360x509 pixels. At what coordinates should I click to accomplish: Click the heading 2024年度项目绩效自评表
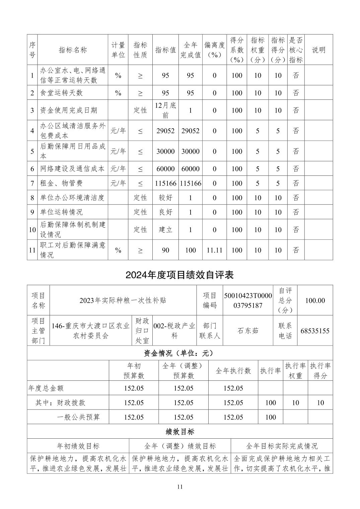click(179, 275)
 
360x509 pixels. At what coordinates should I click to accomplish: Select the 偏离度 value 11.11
click(214, 250)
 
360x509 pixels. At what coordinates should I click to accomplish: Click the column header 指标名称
click(73, 50)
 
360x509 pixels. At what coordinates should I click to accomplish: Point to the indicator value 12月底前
click(165, 110)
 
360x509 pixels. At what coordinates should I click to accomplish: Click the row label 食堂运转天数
click(61, 93)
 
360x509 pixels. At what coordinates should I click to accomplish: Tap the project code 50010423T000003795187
click(248, 300)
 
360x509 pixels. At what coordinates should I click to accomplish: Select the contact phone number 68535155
click(315, 331)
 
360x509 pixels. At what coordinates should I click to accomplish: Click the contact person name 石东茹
click(248, 331)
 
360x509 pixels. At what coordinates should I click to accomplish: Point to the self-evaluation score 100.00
click(315, 300)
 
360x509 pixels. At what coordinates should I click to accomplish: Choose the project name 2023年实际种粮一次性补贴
click(123, 300)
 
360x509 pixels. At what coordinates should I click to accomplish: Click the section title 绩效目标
click(180, 432)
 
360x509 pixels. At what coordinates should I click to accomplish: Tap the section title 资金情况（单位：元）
click(180, 353)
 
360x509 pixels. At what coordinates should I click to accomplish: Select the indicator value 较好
click(165, 198)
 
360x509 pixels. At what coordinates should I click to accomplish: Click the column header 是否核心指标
click(296, 50)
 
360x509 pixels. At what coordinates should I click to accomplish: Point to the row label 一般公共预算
click(78, 417)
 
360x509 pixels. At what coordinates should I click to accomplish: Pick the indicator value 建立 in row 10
click(165, 230)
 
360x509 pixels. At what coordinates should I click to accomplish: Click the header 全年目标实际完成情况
click(282, 446)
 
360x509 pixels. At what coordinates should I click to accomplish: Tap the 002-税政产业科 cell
click(174, 331)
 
